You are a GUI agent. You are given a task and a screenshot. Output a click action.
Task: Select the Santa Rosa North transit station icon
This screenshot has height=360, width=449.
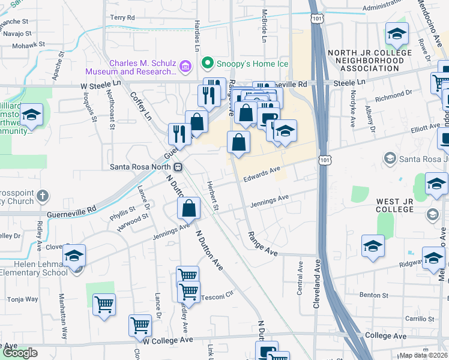coord(178,167)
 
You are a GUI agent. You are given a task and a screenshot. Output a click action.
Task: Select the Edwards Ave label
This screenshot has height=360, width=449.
coord(262,174)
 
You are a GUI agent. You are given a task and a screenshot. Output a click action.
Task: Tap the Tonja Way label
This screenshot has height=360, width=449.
coord(23,299)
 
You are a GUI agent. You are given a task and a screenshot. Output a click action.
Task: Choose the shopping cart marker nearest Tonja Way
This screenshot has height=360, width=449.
coord(104,305)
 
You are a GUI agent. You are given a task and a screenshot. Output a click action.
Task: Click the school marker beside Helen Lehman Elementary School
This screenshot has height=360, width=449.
coord(74,257)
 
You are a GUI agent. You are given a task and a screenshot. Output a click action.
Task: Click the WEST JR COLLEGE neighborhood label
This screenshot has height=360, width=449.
coord(395,205)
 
